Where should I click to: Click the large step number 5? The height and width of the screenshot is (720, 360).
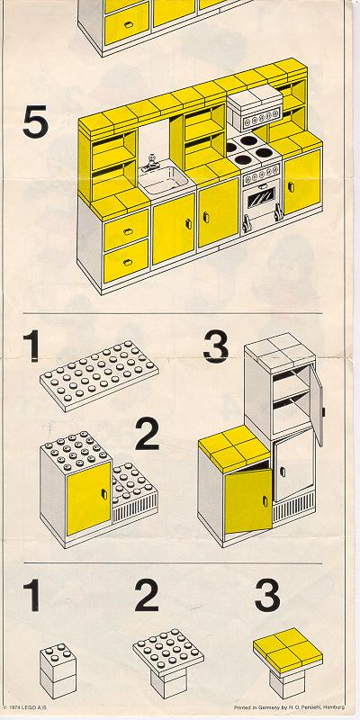point(36,121)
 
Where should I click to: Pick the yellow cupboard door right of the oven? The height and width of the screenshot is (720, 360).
point(301,183)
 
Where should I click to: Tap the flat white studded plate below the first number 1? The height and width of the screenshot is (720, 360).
point(99,375)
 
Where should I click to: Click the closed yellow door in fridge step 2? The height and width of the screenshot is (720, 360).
point(89,499)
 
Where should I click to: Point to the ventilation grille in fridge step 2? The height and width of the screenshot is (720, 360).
point(135,510)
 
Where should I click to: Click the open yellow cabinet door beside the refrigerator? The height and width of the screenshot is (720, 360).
point(248,501)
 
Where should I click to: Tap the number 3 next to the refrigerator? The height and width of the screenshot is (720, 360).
point(215,346)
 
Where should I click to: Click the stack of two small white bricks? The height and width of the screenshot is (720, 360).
point(58,670)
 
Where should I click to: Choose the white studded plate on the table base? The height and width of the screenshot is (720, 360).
point(168,652)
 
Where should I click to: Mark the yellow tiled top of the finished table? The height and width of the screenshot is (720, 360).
point(288,649)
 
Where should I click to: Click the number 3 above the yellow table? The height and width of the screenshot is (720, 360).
point(267,596)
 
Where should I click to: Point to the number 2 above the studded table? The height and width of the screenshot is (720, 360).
point(147,596)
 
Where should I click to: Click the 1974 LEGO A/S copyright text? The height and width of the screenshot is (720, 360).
point(24,707)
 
